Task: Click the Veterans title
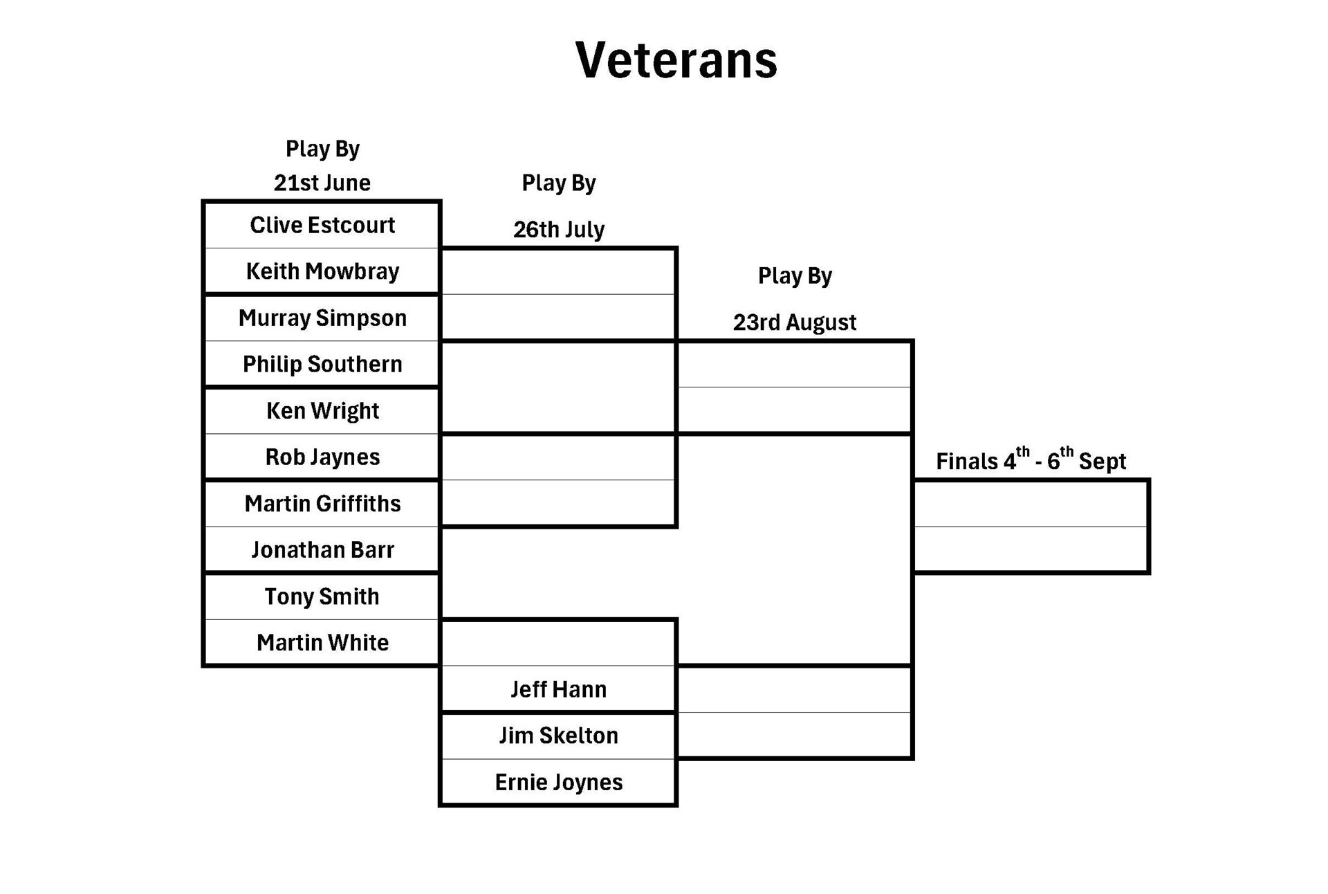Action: tap(676, 60)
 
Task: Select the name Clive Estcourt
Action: tap(322, 225)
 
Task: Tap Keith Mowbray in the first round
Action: tap(322, 271)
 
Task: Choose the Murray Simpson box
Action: tap(322, 318)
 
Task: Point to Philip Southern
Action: tap(322, 364)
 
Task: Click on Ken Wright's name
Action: tap(322, 411)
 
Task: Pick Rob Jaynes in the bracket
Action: tap(322, 457)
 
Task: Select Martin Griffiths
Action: tap(322, 503)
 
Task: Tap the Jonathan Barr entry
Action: tap(322, 549)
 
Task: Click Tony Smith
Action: tap(322, 596)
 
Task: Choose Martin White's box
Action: tap(322, 642)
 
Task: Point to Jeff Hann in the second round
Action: tap(558, 689)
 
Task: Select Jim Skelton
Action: tap(558, 736)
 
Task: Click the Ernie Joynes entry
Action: tap(558, 782)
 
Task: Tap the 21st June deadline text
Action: tap(322, 183)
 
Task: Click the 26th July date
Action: tap(558, 229)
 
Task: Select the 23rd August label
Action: tap(794, 322)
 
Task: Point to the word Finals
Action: tap(967, 462)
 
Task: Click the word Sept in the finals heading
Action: tap(1102, 462)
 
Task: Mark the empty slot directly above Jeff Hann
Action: tap(558, 644)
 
